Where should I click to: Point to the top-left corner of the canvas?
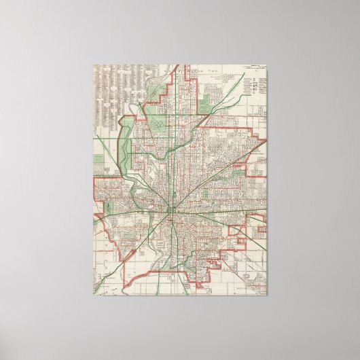click(x=93, y=67)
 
